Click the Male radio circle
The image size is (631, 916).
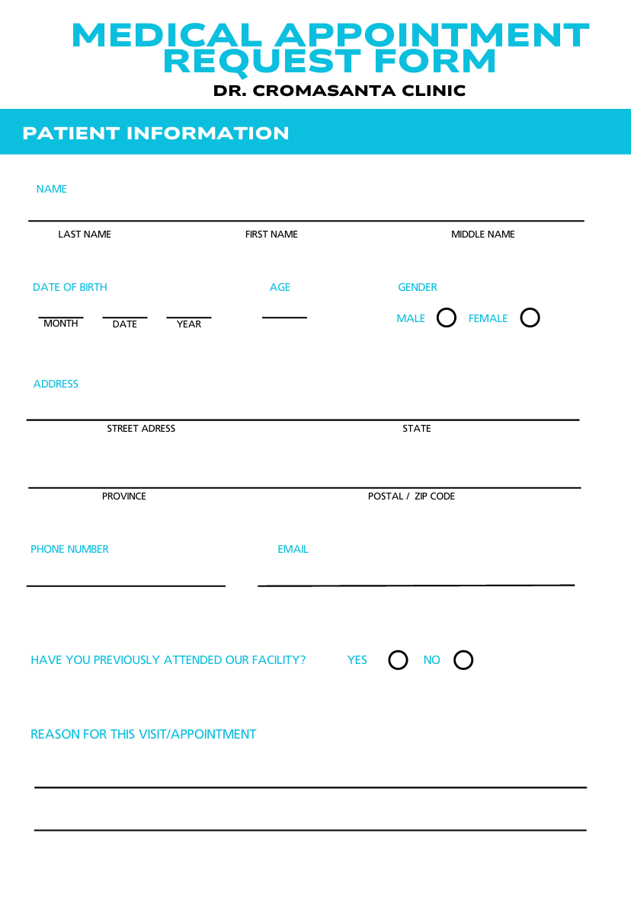pyautogui.click(x=447, y=318)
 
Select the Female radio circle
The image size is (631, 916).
pyautogui.click(x=530, y=318)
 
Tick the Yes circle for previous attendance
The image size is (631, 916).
pyautogui.click(x=398, y=660)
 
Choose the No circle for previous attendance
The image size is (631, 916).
pyautogui.click(x=463, y=660)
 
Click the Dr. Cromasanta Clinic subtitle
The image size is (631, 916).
pyautogui.click(x=339, y=91)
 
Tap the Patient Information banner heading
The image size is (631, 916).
pyautogui.click(x=155, y=133)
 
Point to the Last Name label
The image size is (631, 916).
pyautogui.click(x=85, y=235)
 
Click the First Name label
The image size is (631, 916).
pyautogui.click(x=271, y=235)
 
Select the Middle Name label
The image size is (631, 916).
pyautogui.click(x=482, y=235)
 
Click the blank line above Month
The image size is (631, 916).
pyautogui.click(x=61, y=316)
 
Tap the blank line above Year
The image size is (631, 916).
pyautogui.click(x=189, y=316)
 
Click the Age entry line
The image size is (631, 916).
pyautogui.click(x=284, y=316)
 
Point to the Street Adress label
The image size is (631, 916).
pyautogui.click(x=141, y=429)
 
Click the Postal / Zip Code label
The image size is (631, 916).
pyautogui.click(x=412, y=496)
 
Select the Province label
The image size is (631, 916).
pyautogui.click(x=124, y=496)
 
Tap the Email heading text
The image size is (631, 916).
pyautogui.click(x=293, y=549)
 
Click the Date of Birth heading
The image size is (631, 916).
pyautogui.click(x=70, y=287)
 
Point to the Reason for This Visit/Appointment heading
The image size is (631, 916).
pyautogui.click(x=143, y=734)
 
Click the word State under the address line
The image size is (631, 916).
pyautogui.click(x=417, y=429)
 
